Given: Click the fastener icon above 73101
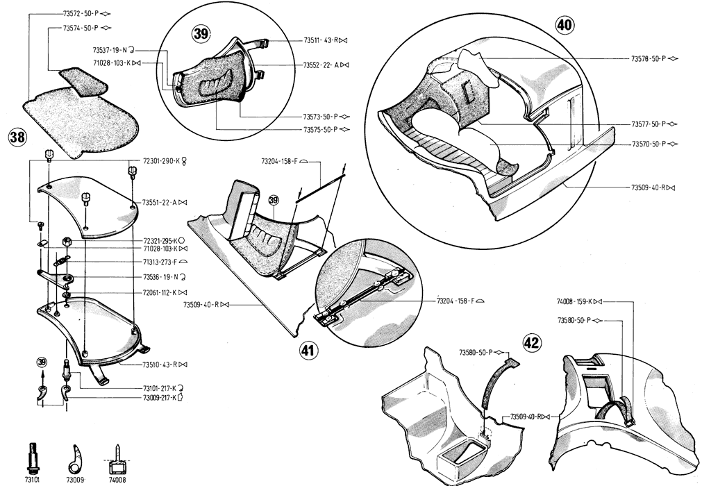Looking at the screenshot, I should click(33, 455).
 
